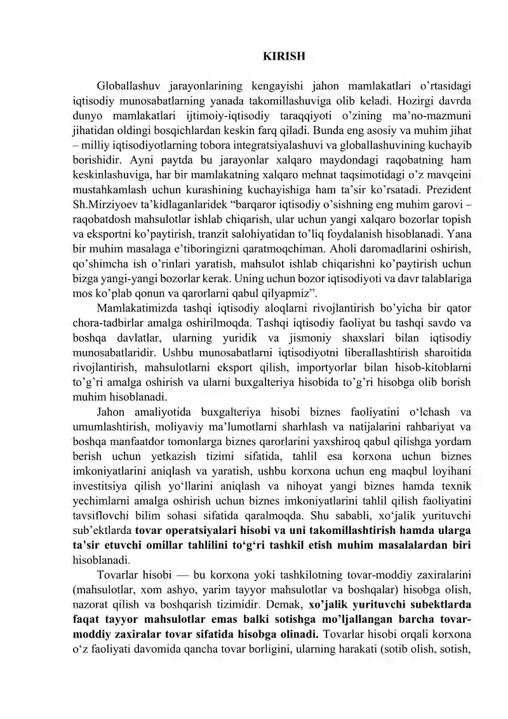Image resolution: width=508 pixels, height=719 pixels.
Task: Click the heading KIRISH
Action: click(284, 56)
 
